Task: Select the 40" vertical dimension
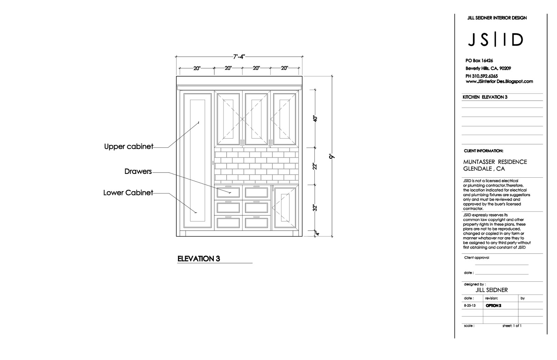315,119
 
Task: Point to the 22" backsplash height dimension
315,166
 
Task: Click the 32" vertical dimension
315,208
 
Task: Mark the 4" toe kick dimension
317,233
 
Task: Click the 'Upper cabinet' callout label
129,147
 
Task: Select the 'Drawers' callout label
138,171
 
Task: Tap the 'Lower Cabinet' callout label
128,193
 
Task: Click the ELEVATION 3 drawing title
199,259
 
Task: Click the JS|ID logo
495,40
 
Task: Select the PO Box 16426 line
479,61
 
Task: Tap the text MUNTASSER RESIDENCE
495,162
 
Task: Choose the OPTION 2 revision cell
493,306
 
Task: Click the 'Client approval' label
477,258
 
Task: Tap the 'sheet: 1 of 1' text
512,326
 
